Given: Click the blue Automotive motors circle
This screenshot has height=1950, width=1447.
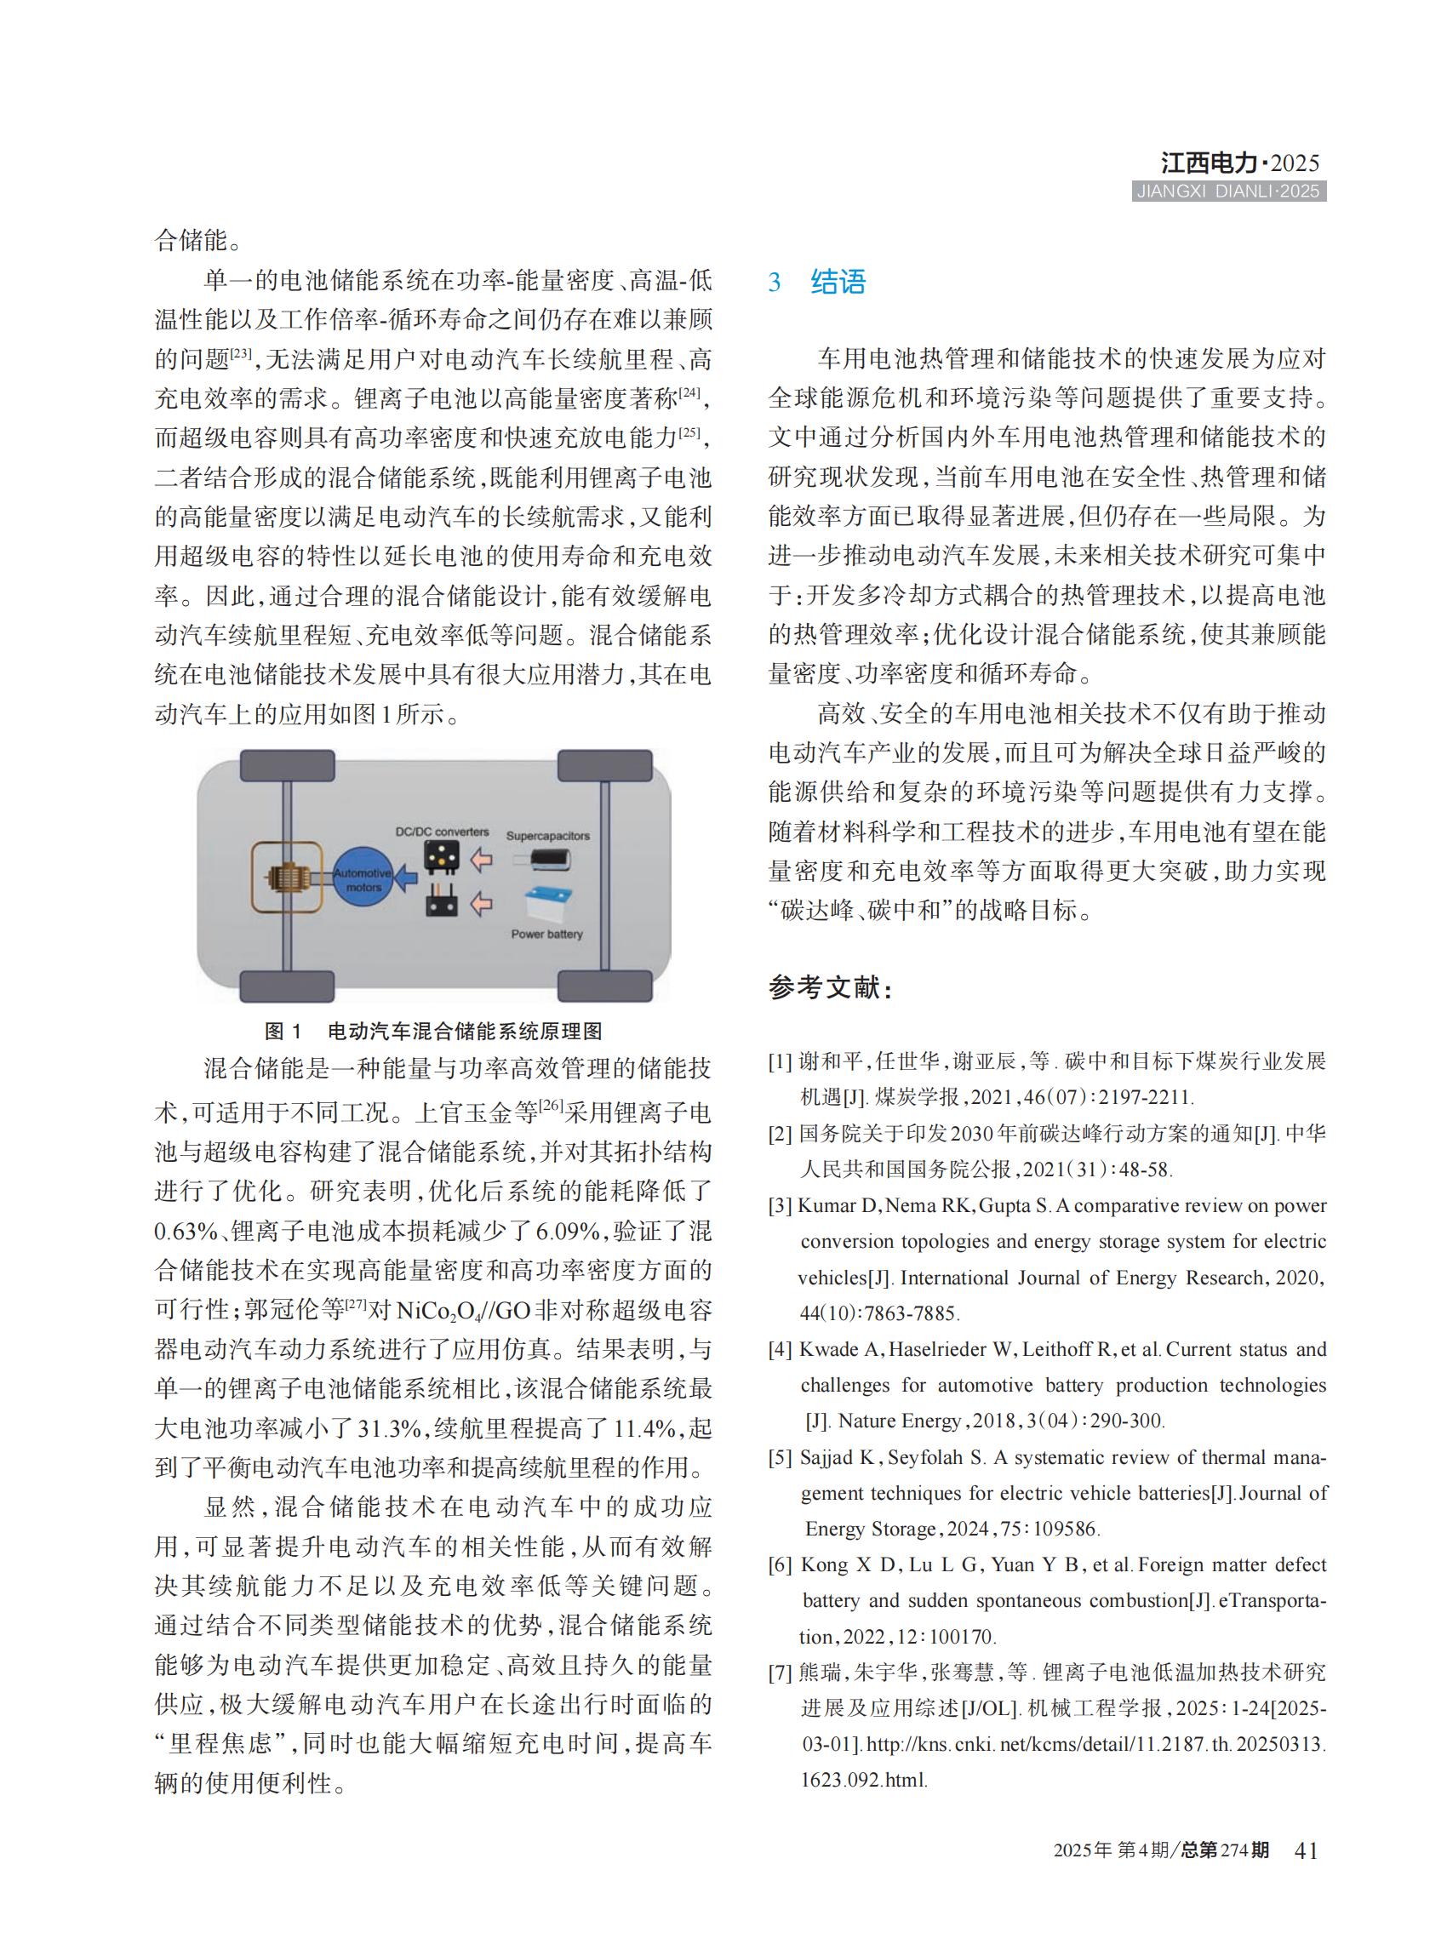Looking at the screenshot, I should point(363,878).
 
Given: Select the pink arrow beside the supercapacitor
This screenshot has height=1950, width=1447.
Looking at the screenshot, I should point(481,861).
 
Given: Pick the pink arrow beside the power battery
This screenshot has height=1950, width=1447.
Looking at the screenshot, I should point(481,901).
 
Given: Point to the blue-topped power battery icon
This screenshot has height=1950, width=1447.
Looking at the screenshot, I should point(547,903).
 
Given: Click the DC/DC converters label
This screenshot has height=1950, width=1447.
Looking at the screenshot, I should point(442,832).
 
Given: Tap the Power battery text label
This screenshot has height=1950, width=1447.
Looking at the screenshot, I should point(546,934).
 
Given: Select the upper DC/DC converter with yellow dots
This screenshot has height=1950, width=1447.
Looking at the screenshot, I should point(442,856).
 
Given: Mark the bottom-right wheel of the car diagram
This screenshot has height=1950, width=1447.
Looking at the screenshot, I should point(604,986).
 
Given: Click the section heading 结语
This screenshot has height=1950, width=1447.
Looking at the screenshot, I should point(838,282).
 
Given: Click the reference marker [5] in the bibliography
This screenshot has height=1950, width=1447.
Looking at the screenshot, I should point(781,1458).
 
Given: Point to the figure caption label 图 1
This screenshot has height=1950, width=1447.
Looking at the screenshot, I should point(283,1031).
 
